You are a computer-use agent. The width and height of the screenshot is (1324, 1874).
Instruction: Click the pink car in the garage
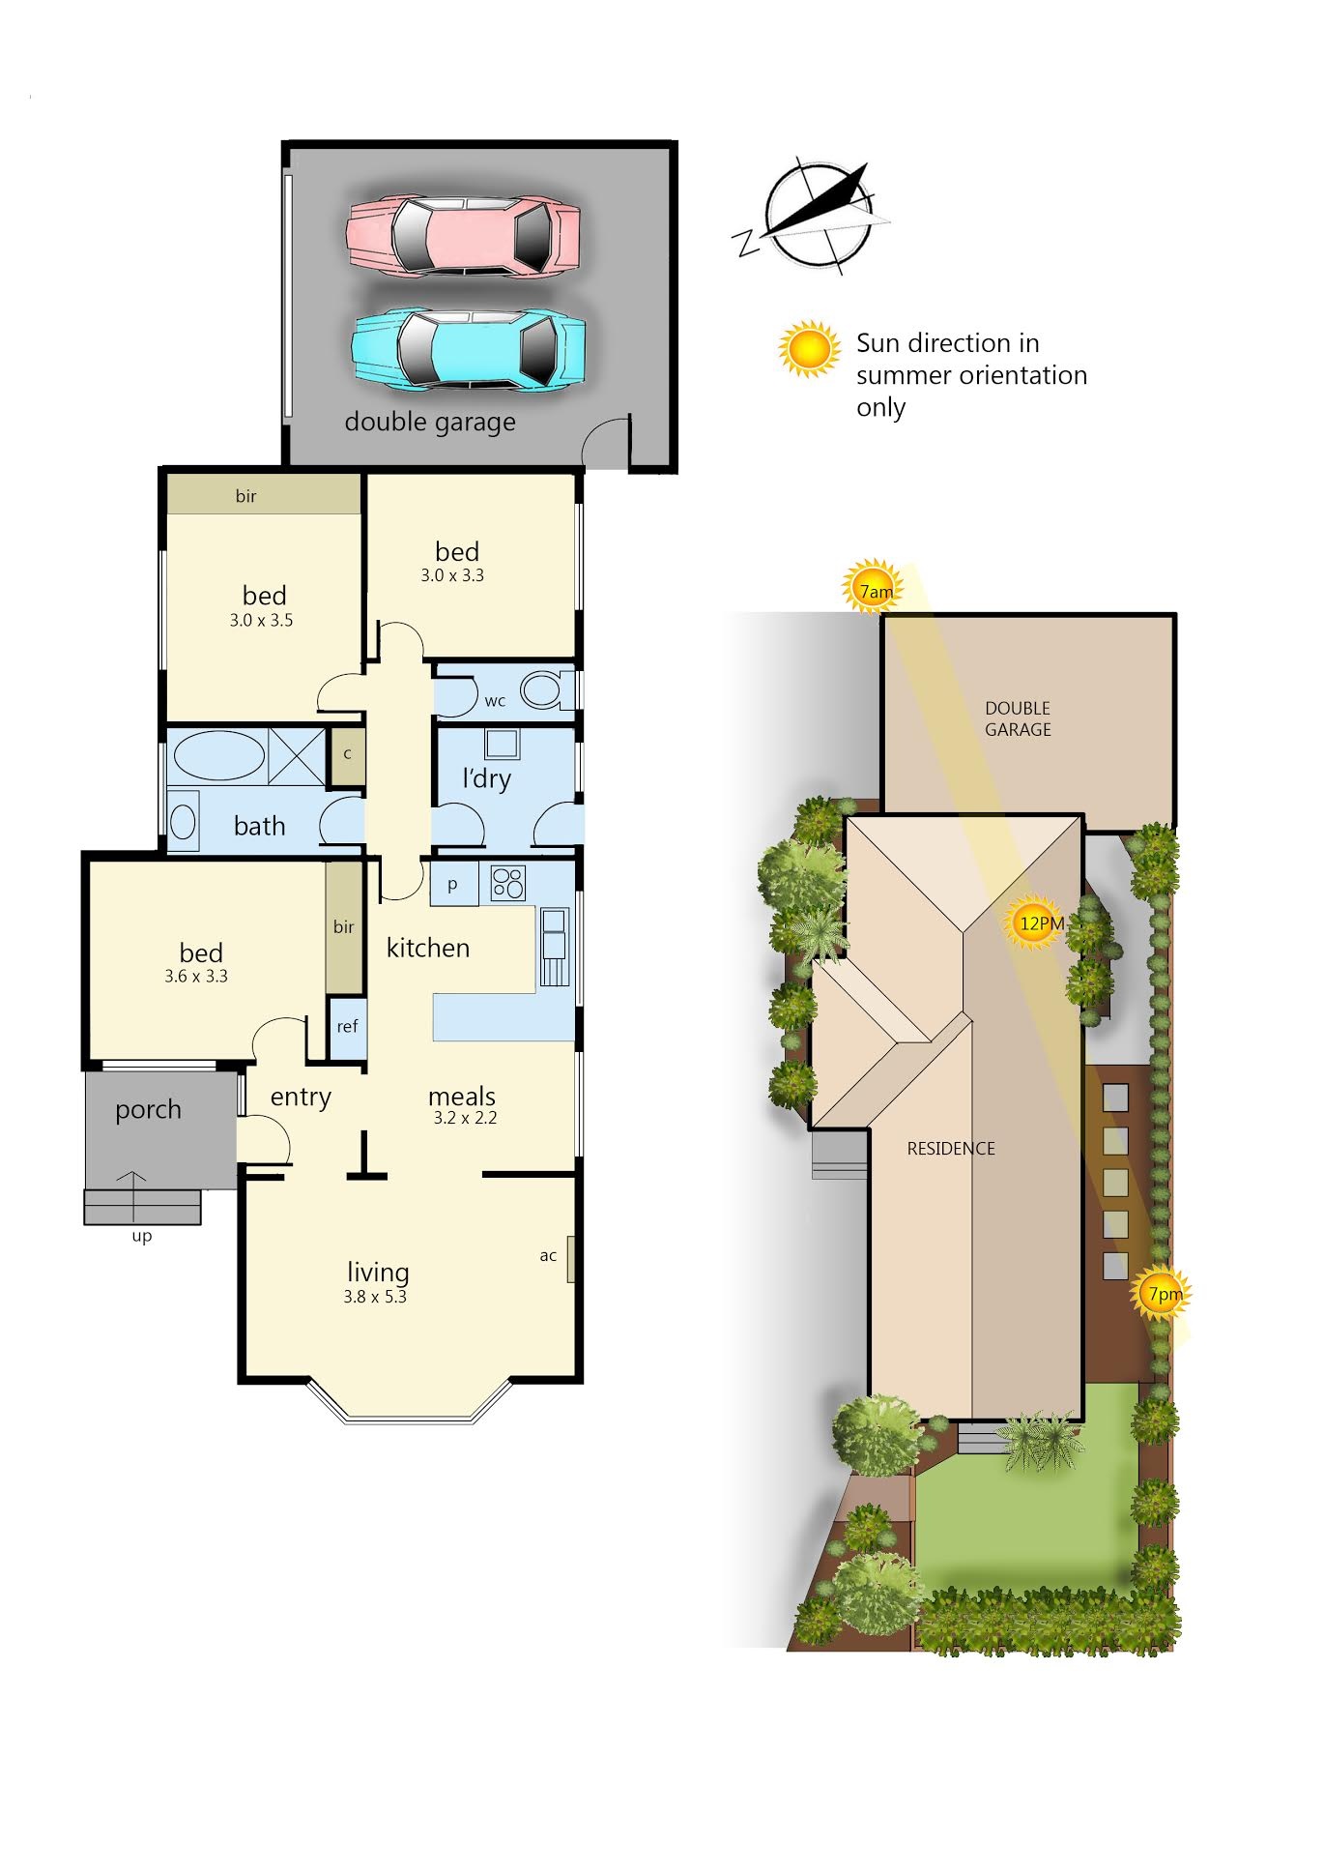pos(464,235)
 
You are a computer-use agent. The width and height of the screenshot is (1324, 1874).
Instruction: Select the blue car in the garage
pos(469,349)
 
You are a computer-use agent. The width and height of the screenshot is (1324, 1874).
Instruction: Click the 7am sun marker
pos(875,588)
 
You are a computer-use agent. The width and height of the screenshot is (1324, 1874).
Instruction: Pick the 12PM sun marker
pos(1035,922)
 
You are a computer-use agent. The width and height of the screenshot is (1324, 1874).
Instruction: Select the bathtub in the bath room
pos(218,756)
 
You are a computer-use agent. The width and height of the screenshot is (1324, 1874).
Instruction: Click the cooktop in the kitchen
pos(508,883)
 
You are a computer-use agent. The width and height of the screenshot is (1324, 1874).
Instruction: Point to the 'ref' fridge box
pos(347,1027)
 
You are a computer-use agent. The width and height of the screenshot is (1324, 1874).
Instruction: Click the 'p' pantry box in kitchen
pos(454,884)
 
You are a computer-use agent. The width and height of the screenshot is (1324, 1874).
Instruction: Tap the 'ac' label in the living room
pos(548,1256)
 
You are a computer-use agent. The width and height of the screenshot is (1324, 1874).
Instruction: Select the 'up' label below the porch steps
pos(142,1237)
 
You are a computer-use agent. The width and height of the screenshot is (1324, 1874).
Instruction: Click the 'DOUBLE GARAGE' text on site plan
pos(1018,718)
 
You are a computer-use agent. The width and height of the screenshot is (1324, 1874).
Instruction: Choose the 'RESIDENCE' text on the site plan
pos(951,1149)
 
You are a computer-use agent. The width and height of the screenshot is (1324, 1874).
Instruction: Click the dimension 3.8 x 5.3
pos(375,1297)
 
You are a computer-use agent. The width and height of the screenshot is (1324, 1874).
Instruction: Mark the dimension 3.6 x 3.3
pos(196,977)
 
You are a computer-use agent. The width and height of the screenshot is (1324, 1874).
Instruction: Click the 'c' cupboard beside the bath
pos(347,754)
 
